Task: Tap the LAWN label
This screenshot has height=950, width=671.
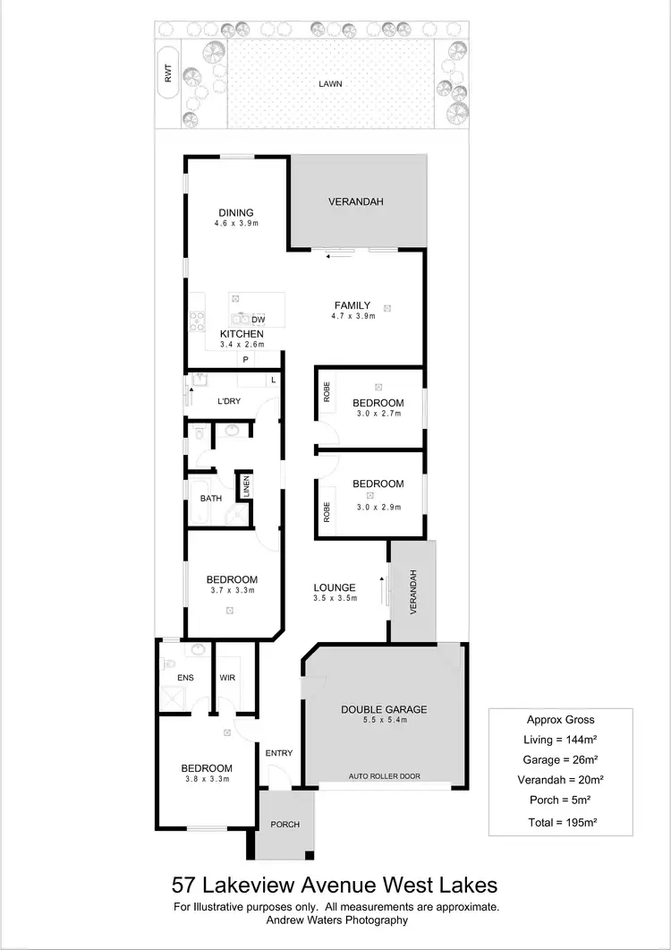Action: (x=331, y=84)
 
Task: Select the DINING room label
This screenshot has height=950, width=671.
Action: (x=236, y=213)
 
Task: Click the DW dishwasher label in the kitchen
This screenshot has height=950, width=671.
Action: (x=259, y=319)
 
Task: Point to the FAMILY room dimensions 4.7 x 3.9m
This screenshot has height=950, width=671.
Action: (x=352, y=316)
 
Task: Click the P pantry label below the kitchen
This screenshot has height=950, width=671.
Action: (x=243, y=359)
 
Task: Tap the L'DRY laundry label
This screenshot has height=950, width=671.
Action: (x=229, y=401)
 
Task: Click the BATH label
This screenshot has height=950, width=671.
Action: (x=211, y=499)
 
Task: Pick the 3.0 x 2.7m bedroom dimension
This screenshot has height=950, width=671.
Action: (x=378, y=414)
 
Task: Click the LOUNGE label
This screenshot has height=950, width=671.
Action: (x=335, y=588)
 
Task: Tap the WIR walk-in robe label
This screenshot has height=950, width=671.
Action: (x=228, y=679)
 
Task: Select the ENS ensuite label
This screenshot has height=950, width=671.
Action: (x=185, y=679)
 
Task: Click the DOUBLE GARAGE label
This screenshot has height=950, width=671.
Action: (x=384, y=709)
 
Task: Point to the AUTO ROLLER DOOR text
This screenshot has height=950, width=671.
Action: (x=385, y=776)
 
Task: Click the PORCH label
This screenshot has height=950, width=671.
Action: (x=285, y=825)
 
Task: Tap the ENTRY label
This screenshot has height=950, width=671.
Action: (x=279, y=753)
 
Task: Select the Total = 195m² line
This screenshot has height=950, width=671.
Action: (x=560, y=821)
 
